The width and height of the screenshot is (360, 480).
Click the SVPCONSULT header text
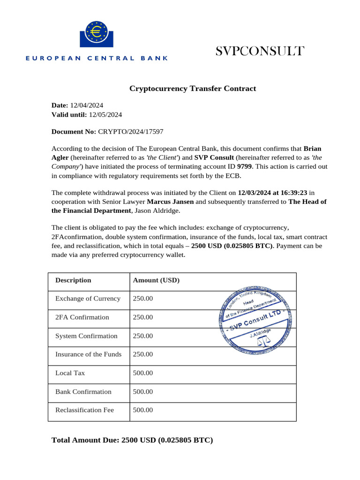[260, 51]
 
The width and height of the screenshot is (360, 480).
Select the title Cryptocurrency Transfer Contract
[193, 89]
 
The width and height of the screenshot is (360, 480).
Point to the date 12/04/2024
[87, 105]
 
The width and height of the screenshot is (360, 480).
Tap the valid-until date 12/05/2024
[105, 114]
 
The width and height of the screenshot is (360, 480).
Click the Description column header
[73, 280]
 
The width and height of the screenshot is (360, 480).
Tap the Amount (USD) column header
[156, 280]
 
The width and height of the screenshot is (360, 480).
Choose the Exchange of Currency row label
[88, 299]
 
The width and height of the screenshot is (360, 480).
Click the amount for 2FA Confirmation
[143, 317]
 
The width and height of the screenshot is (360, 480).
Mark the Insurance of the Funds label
[88, 354]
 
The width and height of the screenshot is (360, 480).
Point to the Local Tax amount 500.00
[143, 373]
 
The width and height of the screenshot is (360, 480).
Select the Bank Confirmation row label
[83, 391]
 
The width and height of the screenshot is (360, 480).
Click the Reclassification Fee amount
[143, 410]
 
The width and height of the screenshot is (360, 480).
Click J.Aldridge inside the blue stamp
[260, 333]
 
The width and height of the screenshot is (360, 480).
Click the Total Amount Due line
[132, 440]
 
